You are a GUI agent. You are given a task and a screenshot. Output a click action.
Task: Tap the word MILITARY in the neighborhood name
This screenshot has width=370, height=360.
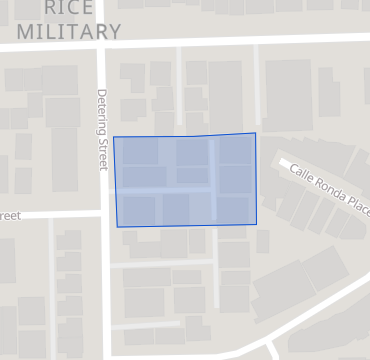[x=69, y=31]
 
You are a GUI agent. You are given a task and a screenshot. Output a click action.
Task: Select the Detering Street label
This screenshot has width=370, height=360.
[x=102, y=129]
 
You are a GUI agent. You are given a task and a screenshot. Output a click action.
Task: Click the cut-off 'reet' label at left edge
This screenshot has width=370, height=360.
[x=9, y=215]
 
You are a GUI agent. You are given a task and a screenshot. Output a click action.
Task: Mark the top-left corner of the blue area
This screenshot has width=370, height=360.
[x=113, y=137]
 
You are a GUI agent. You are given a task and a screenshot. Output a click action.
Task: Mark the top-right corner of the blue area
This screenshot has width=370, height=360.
[x=255, y=133]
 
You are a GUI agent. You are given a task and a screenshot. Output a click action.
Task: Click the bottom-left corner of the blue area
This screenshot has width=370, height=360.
[x=117, y=227]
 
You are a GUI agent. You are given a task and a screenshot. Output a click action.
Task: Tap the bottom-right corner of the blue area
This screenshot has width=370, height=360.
[x=257, y=224]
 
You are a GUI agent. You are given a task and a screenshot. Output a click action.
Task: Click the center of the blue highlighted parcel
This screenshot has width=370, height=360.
[x=185, y=181]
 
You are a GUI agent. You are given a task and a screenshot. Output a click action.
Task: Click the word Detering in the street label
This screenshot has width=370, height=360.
[x=102, y=112]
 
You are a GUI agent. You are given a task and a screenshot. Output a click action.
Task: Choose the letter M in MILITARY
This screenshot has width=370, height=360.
[x=25, y=31]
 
